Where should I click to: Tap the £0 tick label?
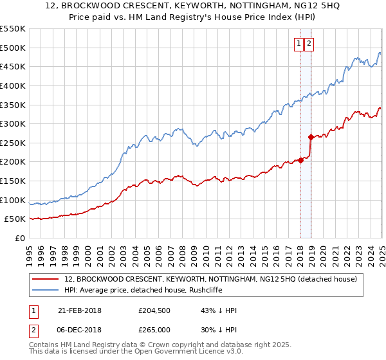pos(21,239)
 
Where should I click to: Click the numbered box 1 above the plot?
pos(299,44)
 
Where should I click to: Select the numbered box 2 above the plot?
pos(309,44)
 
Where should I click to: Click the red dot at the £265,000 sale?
pos(310,137)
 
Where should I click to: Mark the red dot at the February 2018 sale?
pos(300,160)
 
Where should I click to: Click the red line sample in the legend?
pos(46,279)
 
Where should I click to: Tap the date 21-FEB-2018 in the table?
pos(80,311)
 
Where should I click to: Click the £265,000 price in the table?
pos(154,329)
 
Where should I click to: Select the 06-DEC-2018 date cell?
pos(80,329)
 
